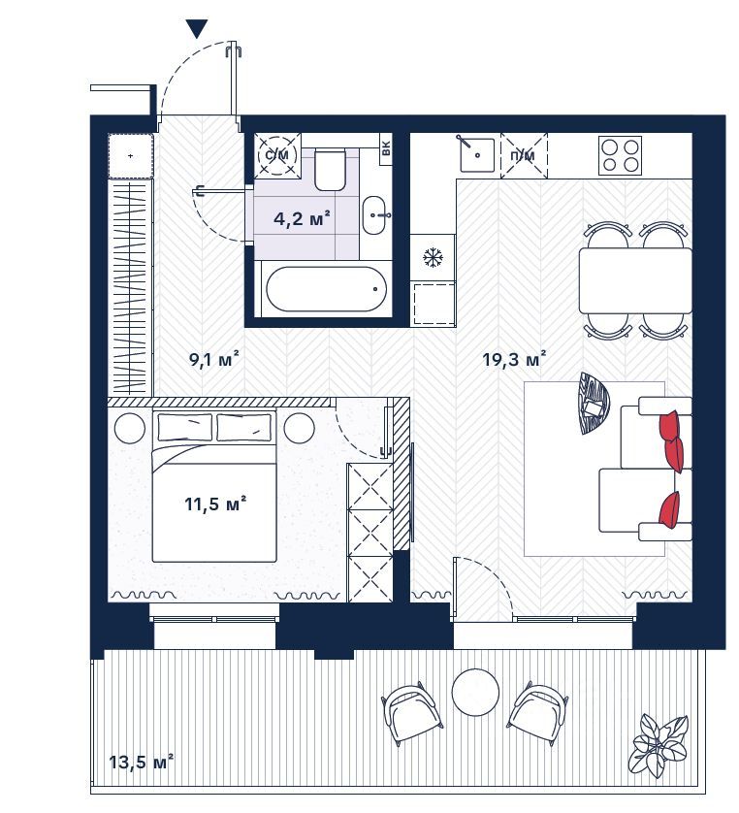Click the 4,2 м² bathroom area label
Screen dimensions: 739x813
(x=303, y=219)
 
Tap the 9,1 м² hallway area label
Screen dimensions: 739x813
(x=214, y=358)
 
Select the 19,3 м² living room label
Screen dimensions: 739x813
(x=514, y=359)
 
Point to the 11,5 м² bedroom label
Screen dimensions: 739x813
(x=215, y=503)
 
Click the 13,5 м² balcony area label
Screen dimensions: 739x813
(x=141, y=762)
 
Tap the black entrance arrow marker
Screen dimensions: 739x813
(x=197, y=28)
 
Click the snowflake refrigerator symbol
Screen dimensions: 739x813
(x=433, y=258)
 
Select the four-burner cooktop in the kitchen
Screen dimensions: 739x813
(x=620, y=155)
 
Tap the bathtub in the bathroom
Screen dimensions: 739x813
(x=326, y=289)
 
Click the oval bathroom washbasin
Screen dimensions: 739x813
(x=374, y=215)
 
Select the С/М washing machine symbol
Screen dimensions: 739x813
(x=278, y=155)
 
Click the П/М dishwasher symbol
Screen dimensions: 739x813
(x=524, y=155)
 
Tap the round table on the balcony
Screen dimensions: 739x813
(x=475, y=692)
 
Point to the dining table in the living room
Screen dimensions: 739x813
(x=635, y=280)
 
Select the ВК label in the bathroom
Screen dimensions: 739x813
(x=386, y=149)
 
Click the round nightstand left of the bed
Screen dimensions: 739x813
(x=130, y=427)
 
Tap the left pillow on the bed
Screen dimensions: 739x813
(x=185, y=427)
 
